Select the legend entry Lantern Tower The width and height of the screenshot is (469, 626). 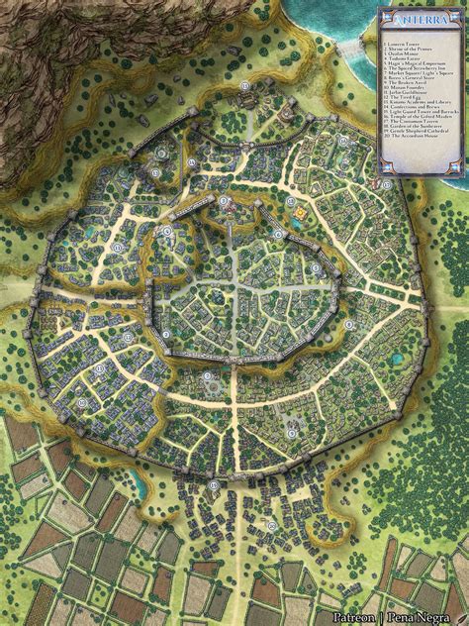(x=402, y=45)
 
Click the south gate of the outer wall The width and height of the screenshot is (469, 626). (x=215, y=484)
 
